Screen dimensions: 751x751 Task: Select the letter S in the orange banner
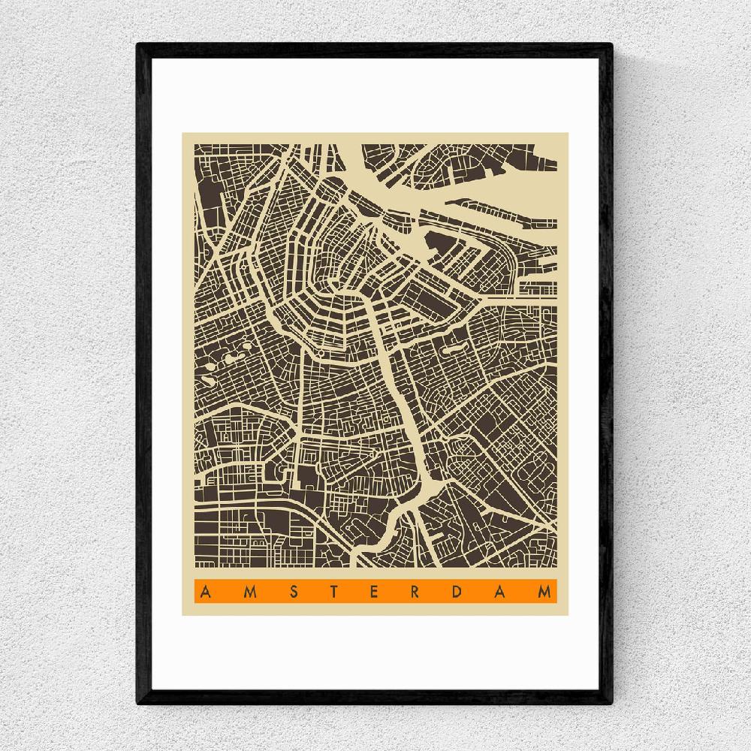tap(291, 593)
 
